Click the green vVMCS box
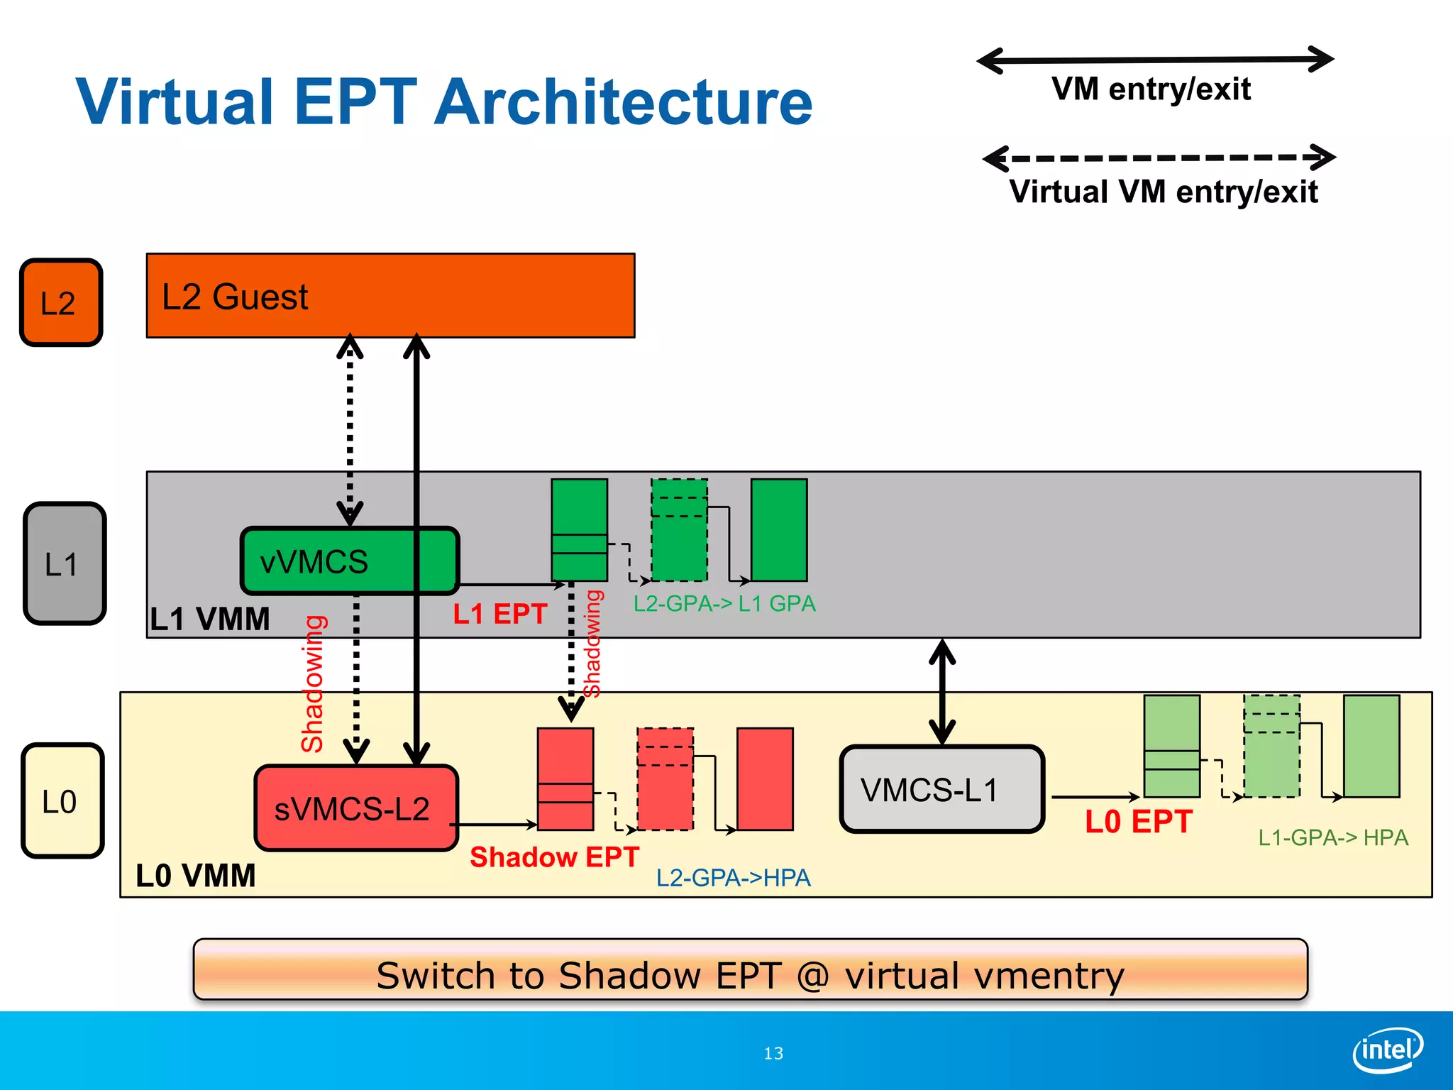click(326, 561)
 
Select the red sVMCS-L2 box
click(355, 808)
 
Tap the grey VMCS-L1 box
click(941, 789)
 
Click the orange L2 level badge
click(61, 302)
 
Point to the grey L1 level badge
click(64, 563)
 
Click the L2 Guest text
click(235, 297)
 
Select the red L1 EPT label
click(499, 614)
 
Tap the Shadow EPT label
click(554, 857)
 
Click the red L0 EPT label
click(1138, 822)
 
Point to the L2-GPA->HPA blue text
click(733, 878)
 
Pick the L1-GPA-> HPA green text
click(1332, 837)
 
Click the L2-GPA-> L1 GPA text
click(724, 604)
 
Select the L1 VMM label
click(209, 619)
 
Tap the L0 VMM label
click(195, 876)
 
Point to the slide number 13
click(773, 1054)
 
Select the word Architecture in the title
click(623, 103)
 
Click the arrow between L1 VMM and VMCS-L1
click(941, 692)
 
